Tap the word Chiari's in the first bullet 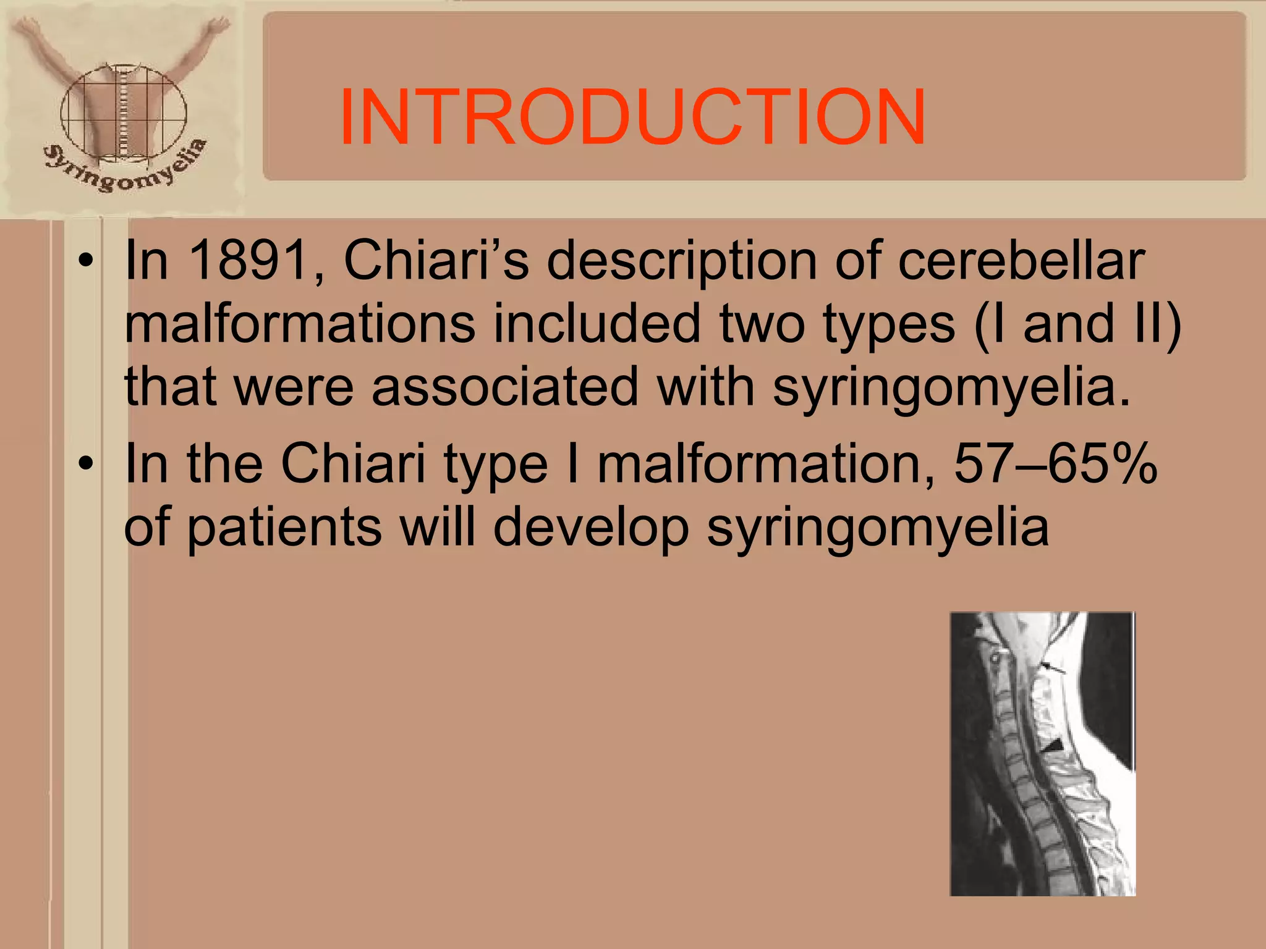pyautogui.click(x=436, y=261)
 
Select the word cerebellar pyautogui.click(x=1021, y=261)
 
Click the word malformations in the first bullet pyautogui.click(x=299, y=324)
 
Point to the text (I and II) pyautogui.click(x=1077, y=324)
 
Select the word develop pyautogui.click(x=591, y=528)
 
